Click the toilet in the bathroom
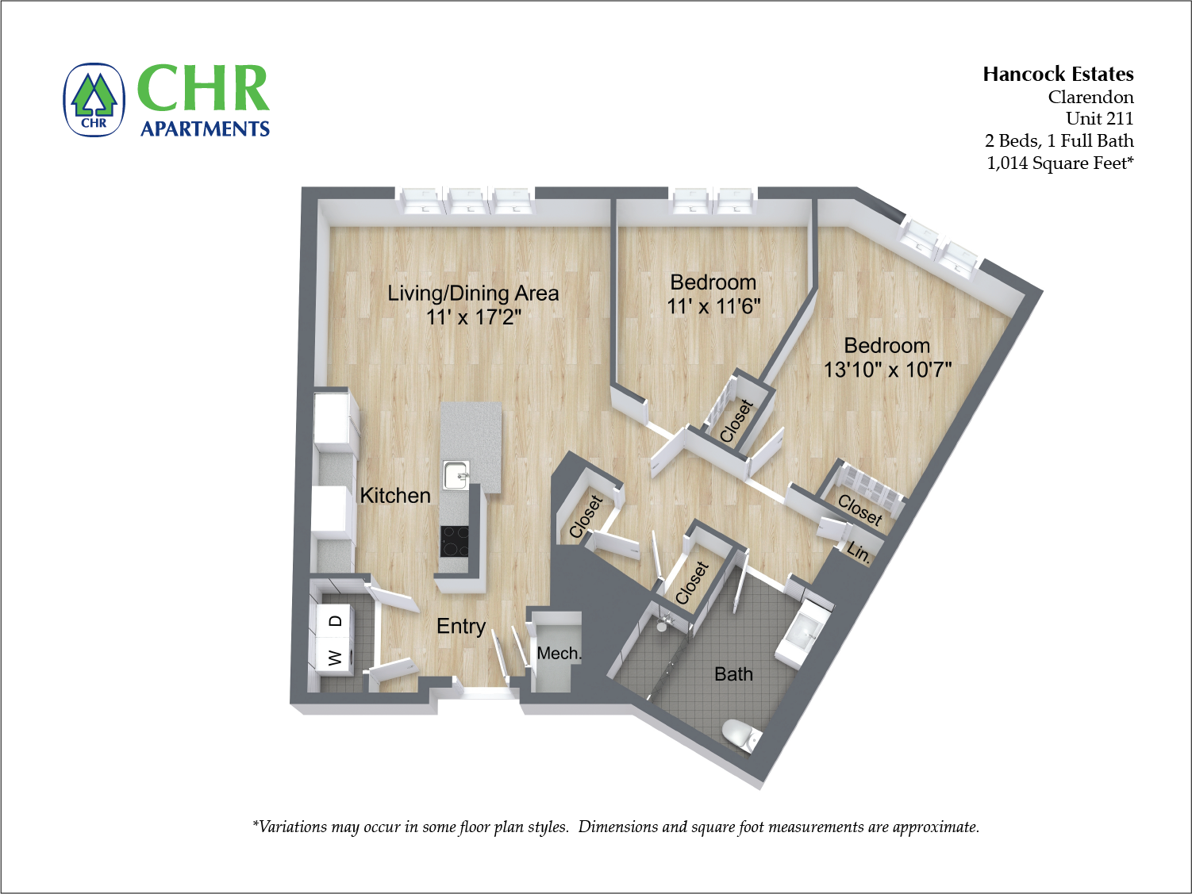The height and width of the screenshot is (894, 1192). click(x=740, y=734)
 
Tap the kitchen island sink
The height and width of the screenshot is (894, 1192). click(x=456, y=476)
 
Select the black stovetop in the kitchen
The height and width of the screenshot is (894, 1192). click(x=455, y=542)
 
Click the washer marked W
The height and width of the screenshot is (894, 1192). click(x=335, y=658)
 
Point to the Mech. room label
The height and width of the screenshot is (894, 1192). click(x=559, y=653)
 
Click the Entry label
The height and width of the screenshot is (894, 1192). click(x=461, y=626)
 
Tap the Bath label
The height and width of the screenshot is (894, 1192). click(x=733, y=674)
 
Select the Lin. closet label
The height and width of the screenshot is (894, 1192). click(x=859, y=551)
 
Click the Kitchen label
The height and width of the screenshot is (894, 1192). click(x=395, y=496)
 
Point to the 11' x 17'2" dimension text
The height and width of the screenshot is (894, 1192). click(x=473, y=317)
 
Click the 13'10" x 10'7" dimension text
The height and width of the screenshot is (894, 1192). click(x=887, y=370)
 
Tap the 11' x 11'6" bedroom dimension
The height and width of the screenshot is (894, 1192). click(x=713, y=306)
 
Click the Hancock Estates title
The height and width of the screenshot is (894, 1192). click(x=1058, y=75)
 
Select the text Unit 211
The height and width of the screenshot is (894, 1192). click(x=1099, y=119)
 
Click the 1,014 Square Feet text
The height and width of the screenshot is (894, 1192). click(x=1059, y=163)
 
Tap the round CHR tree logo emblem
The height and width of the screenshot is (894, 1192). click(x=94, y=100)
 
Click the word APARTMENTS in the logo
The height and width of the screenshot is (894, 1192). click(x=205, y=129)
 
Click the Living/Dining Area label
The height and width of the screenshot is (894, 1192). click(x=473, y=294)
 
